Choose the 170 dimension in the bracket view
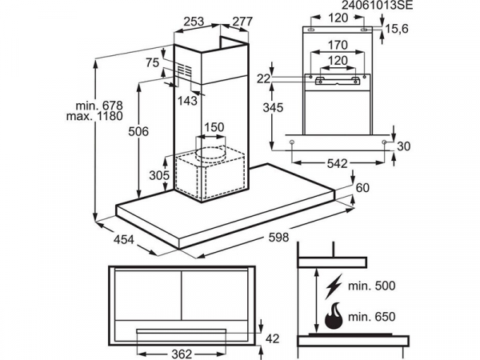(336, 46)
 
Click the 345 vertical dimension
(274, 106)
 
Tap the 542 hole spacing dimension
(338, 164)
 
